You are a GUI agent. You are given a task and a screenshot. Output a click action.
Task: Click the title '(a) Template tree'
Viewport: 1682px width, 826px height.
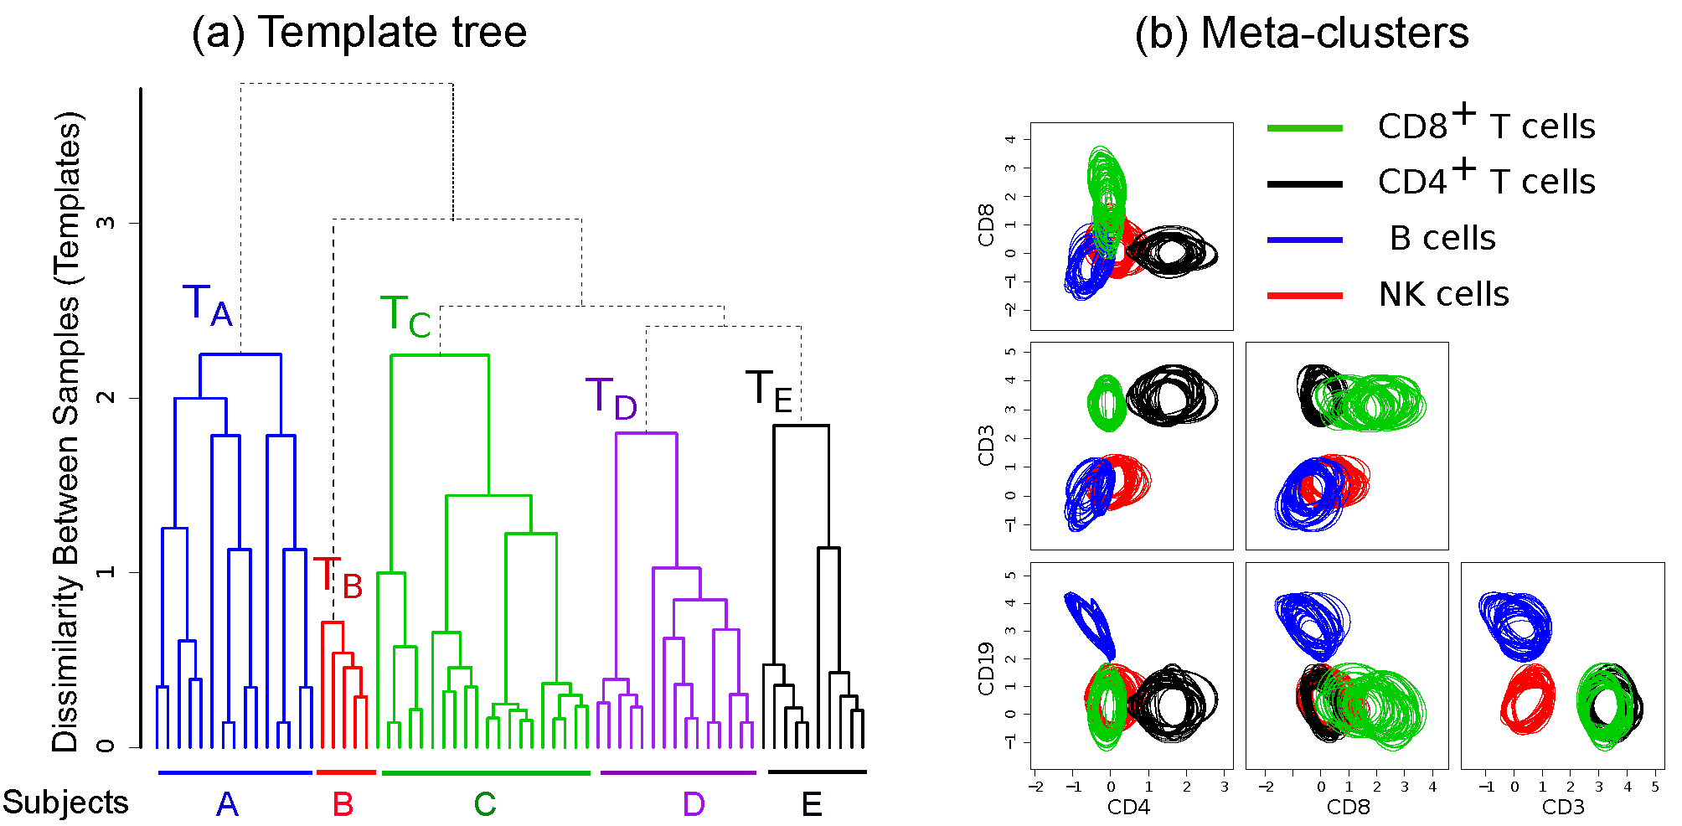[x=359, y=33]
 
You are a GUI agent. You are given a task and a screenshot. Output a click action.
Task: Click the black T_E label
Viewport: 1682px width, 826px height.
[x=769, y=391]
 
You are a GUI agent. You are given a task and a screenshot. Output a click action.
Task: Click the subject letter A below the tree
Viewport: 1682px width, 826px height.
[x=227, y=805]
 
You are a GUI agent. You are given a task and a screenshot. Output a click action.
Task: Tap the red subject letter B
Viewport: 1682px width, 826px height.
[x=343, y=805]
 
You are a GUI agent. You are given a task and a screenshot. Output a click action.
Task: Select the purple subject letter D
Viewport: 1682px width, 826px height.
[x=694, y=805]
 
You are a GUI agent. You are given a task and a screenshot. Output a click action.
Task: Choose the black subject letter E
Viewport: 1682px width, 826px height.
[x=812, y=805]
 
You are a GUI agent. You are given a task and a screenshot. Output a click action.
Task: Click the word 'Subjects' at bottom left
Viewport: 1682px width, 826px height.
[x=65, y=803]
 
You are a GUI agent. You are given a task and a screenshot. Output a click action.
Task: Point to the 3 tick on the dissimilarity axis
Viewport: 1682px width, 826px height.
[x=106, y=223]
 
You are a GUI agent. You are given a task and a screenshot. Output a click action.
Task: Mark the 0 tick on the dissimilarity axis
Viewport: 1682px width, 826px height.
[x=106, y=746]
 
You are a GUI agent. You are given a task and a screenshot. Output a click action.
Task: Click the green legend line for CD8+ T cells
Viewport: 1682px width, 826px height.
[x=1304, y=128]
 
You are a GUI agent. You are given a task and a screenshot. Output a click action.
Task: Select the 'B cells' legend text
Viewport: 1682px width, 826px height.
[x=1442, y=239]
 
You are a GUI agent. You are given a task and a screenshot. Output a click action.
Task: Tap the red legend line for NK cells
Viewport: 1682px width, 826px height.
[x=1304, y=295]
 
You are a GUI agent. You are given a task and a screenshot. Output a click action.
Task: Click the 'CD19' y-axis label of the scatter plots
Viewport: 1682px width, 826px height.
[x=986, y=669]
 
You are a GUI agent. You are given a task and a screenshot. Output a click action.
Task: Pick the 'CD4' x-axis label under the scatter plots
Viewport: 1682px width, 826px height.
[x=1128, y=808]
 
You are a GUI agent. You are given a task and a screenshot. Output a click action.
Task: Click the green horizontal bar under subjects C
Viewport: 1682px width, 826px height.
[x=486, y=773]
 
